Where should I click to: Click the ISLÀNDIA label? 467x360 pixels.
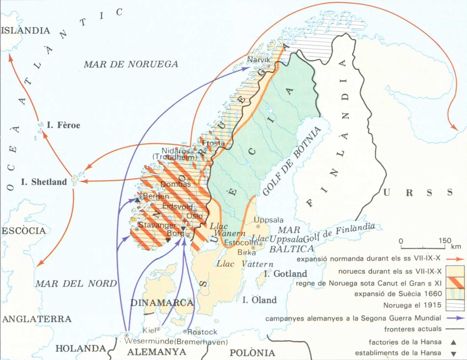click(x=25, y=31)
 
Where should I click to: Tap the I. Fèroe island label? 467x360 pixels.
click(x=64, y=125)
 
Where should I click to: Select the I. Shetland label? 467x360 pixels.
click(x=44, y=182)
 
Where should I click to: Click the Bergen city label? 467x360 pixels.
click(x=156, y=196)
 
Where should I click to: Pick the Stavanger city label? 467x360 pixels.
click(x=157, y=225)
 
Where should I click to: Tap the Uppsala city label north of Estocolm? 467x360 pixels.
click(x=269, y=220)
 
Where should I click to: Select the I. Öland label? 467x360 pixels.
click(x=259, y=300)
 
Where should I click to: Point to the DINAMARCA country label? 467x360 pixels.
click(x=162, y=303)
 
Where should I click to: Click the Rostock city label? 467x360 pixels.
click(x=202, y=332)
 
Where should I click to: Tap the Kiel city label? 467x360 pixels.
click(x=149, y=330)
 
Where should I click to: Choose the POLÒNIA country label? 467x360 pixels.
click(x=252, y=353)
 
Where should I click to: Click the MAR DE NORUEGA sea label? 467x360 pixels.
click(x=131, y=64)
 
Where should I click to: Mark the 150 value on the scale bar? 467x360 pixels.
click(x=445, y=241)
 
